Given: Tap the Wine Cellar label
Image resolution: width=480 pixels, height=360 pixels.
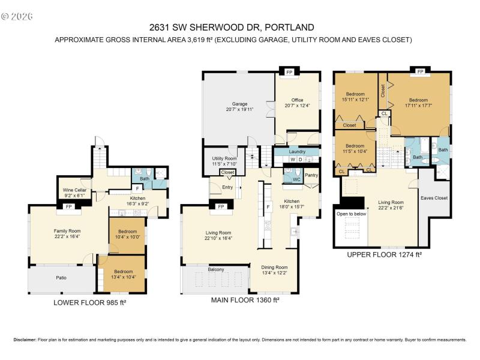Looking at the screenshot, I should tap(77, 190).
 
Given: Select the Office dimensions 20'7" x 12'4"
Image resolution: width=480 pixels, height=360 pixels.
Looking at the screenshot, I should tap(298, 106).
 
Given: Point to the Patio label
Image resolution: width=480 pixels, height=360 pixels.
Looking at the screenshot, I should tap(61, 277).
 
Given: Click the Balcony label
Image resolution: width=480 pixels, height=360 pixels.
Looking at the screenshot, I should tap(216, 269).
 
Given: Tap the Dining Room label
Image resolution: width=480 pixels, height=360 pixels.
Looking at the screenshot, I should tap(274, 268).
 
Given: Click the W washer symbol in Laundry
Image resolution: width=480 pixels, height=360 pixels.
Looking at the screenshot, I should tap(292, 160).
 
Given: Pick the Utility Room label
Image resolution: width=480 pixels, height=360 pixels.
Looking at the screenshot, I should tap(224, 158).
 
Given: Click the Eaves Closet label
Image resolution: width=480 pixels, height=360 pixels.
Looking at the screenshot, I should tap(434, 197).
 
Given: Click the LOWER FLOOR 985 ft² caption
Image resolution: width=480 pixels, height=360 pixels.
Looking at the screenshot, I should tap(90, 303).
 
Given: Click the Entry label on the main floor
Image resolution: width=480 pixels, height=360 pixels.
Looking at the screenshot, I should tap(227, 187).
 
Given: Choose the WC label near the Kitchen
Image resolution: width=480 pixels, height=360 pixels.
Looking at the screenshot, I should tap(296, 179).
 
